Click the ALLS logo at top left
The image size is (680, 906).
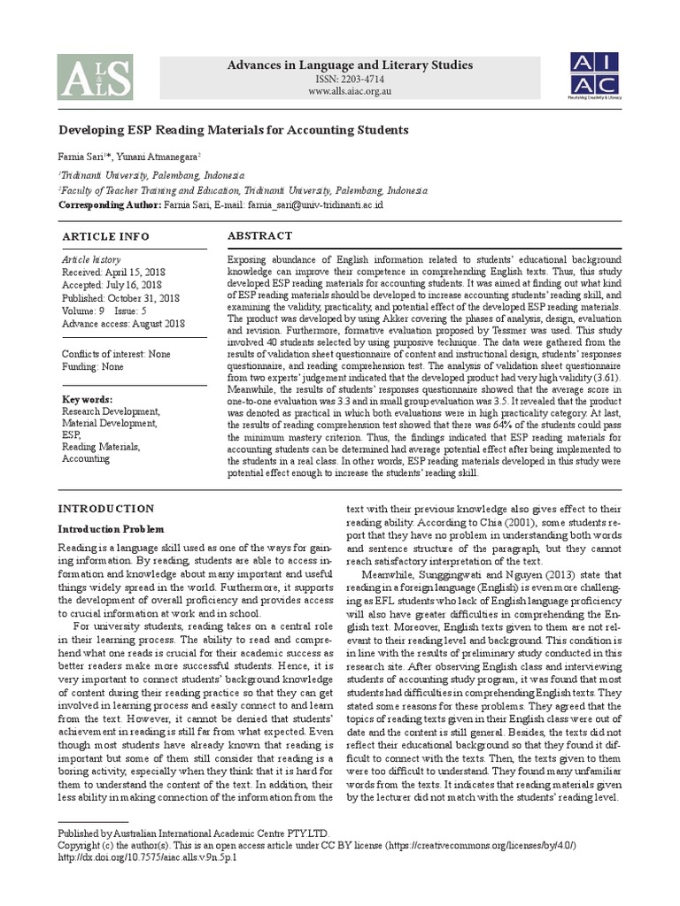click(x=95, y=76)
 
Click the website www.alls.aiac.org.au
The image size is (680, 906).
click(x=350, y=91)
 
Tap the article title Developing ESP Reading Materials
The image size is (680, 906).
click(x=233, y=130)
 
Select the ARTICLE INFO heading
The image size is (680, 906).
click(x=105, y=237)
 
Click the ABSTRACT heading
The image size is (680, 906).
click(x=259, y=235)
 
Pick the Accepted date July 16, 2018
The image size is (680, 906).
click(x=111, y=285)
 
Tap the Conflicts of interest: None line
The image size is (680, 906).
click(x=117, y=354)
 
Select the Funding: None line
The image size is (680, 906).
click(x=92, y=366)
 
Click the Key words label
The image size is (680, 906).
click(x=87, y=400)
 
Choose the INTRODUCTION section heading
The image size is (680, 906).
click(x=105, y=509)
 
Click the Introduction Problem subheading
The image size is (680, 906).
click(x=112, y=529)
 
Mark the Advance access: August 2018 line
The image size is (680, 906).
click(x=122, y=324)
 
